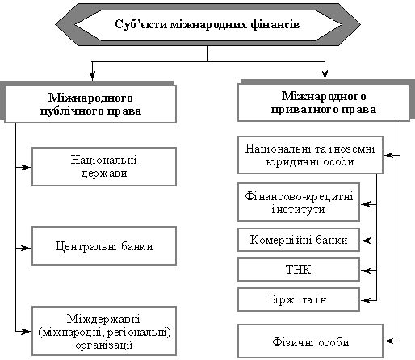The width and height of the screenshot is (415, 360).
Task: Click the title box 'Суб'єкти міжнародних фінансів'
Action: point(207,24)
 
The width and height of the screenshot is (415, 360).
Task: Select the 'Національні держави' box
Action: point(104,166)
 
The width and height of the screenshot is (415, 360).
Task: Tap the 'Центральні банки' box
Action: point(104,245)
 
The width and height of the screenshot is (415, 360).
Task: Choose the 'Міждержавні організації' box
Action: point(104,331)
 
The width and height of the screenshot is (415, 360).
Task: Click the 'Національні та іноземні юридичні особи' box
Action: point(310,155)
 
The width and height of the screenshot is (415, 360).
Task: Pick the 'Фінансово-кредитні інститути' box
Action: point(299,203)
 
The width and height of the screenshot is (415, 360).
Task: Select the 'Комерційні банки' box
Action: point(299,240)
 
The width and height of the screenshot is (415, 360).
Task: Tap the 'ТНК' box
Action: point(299,270)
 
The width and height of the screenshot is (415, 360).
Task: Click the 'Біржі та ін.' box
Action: point(299,299)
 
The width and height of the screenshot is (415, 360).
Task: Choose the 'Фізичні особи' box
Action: point(310,341)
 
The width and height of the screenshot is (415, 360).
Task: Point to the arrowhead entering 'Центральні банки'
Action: point(27,248)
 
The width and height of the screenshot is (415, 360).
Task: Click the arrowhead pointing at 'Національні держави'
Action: point(27,167)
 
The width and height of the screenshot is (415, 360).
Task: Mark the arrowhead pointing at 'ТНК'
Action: point(366,270)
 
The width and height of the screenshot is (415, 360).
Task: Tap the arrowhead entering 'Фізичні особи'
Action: point(389,341)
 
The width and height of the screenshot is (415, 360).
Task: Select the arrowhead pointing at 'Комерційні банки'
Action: point(366,241)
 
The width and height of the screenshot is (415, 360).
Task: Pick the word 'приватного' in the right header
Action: point(302,110)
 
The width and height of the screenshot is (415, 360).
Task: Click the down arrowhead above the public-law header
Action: point(92,75)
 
